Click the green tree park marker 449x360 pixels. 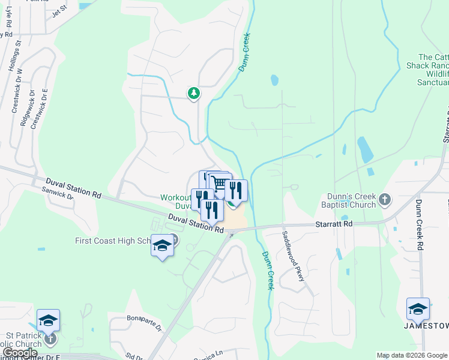click(x=193, y=93)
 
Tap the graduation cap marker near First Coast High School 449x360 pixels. click(x=162, y=246)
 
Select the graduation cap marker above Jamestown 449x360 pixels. click(x=418, y=309)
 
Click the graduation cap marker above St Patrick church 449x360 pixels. click(x=48, y=320)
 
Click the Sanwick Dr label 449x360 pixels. click(x=57, y=193)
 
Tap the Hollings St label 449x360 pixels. click(x=16, y=57)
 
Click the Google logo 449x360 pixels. click(x=19, y=353)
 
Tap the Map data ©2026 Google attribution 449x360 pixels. click(x=412, y=355)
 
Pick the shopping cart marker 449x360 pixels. click(x=220, y=184)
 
